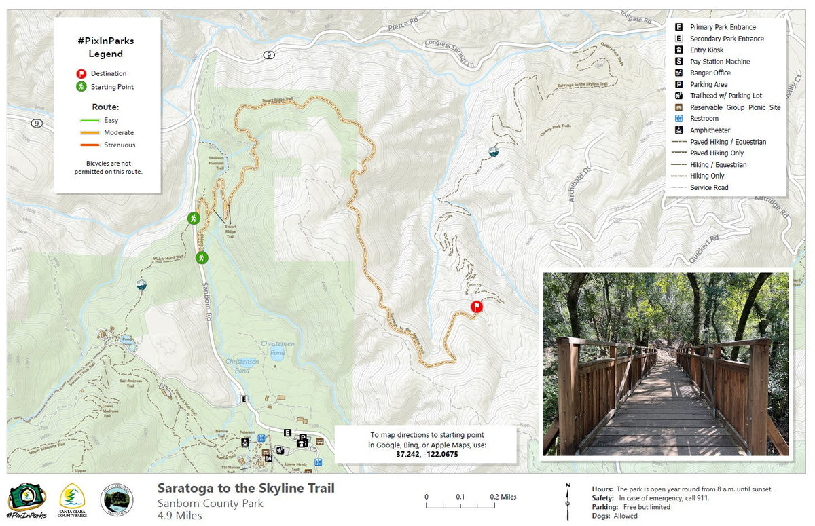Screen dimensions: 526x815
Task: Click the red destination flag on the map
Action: (x=476, y=307)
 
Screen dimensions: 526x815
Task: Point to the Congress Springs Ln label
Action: (x=449, y=54)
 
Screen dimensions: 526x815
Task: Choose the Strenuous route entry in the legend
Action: (x=120, y=145)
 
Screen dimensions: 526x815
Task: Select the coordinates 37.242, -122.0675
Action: (x=427, y=453)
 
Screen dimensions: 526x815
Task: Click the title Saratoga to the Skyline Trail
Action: (x=246, y=488)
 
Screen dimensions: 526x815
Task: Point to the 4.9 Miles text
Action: (x=179, y=515)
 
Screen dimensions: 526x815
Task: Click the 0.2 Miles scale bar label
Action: (x=503, y=497)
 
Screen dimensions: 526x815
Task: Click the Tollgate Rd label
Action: (x=638, y=18)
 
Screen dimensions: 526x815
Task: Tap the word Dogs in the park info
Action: (x=601, y=516)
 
